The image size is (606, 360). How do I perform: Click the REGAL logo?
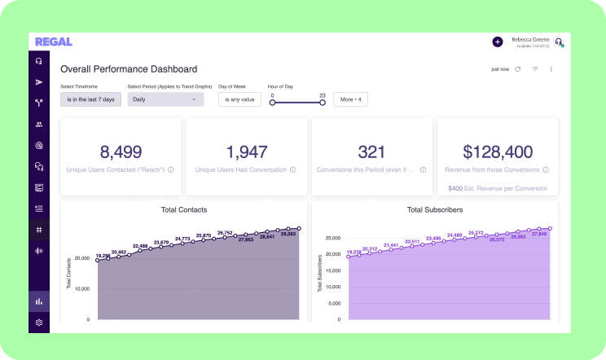point(53,42)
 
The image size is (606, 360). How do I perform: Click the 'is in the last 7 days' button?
point(90,99)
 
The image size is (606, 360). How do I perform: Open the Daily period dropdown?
point(165,99)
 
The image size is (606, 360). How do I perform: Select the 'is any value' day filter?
point(239,99)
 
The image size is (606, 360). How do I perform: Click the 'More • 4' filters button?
point(351,99)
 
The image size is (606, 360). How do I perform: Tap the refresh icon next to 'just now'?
point(518,69)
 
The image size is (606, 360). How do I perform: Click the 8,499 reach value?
point(121,151)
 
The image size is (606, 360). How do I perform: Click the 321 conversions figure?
point(371,151)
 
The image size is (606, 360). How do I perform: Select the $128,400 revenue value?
point(497,151)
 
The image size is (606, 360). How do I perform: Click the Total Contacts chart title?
point(183,210)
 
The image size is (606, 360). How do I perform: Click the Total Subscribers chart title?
point(435,210)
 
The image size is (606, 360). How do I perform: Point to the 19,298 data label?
point(103,256)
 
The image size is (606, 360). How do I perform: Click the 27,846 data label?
point(538,233)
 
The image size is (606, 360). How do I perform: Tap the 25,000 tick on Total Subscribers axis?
point(332,239)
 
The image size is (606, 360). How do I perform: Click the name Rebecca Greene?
point(530,38)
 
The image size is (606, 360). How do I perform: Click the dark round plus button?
point(498,42)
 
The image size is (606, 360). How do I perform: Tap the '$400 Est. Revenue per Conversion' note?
point(497,188)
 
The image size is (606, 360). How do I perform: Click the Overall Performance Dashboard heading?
point(129,69)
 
